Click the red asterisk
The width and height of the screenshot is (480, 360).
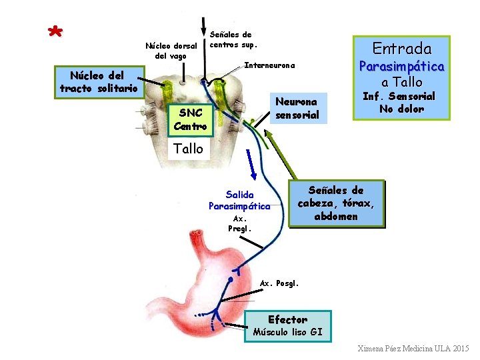55,31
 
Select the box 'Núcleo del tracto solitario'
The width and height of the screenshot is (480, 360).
99,82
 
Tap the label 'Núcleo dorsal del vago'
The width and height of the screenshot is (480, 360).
171,51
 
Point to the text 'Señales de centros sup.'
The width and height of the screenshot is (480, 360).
233,39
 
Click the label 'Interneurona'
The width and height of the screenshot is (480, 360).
270,65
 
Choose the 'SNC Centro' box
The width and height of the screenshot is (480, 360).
190,120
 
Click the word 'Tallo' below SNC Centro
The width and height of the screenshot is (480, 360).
188,149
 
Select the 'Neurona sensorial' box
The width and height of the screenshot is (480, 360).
299,108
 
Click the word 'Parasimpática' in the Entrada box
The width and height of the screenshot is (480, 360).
401,67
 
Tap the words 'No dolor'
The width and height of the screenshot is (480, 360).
401,109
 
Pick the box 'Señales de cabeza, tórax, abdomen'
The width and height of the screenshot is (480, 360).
337,203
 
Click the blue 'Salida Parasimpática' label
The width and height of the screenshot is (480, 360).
239,201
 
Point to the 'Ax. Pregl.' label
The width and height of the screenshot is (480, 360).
240,224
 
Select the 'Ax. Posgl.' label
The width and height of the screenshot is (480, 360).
279,283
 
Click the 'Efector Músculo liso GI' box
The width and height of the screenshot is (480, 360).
288,326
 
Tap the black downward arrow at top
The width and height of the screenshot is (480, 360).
203,27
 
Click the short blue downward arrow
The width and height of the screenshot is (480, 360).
251,165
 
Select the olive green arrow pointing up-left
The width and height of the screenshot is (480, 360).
281,154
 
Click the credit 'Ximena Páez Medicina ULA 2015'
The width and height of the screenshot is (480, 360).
413,349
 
